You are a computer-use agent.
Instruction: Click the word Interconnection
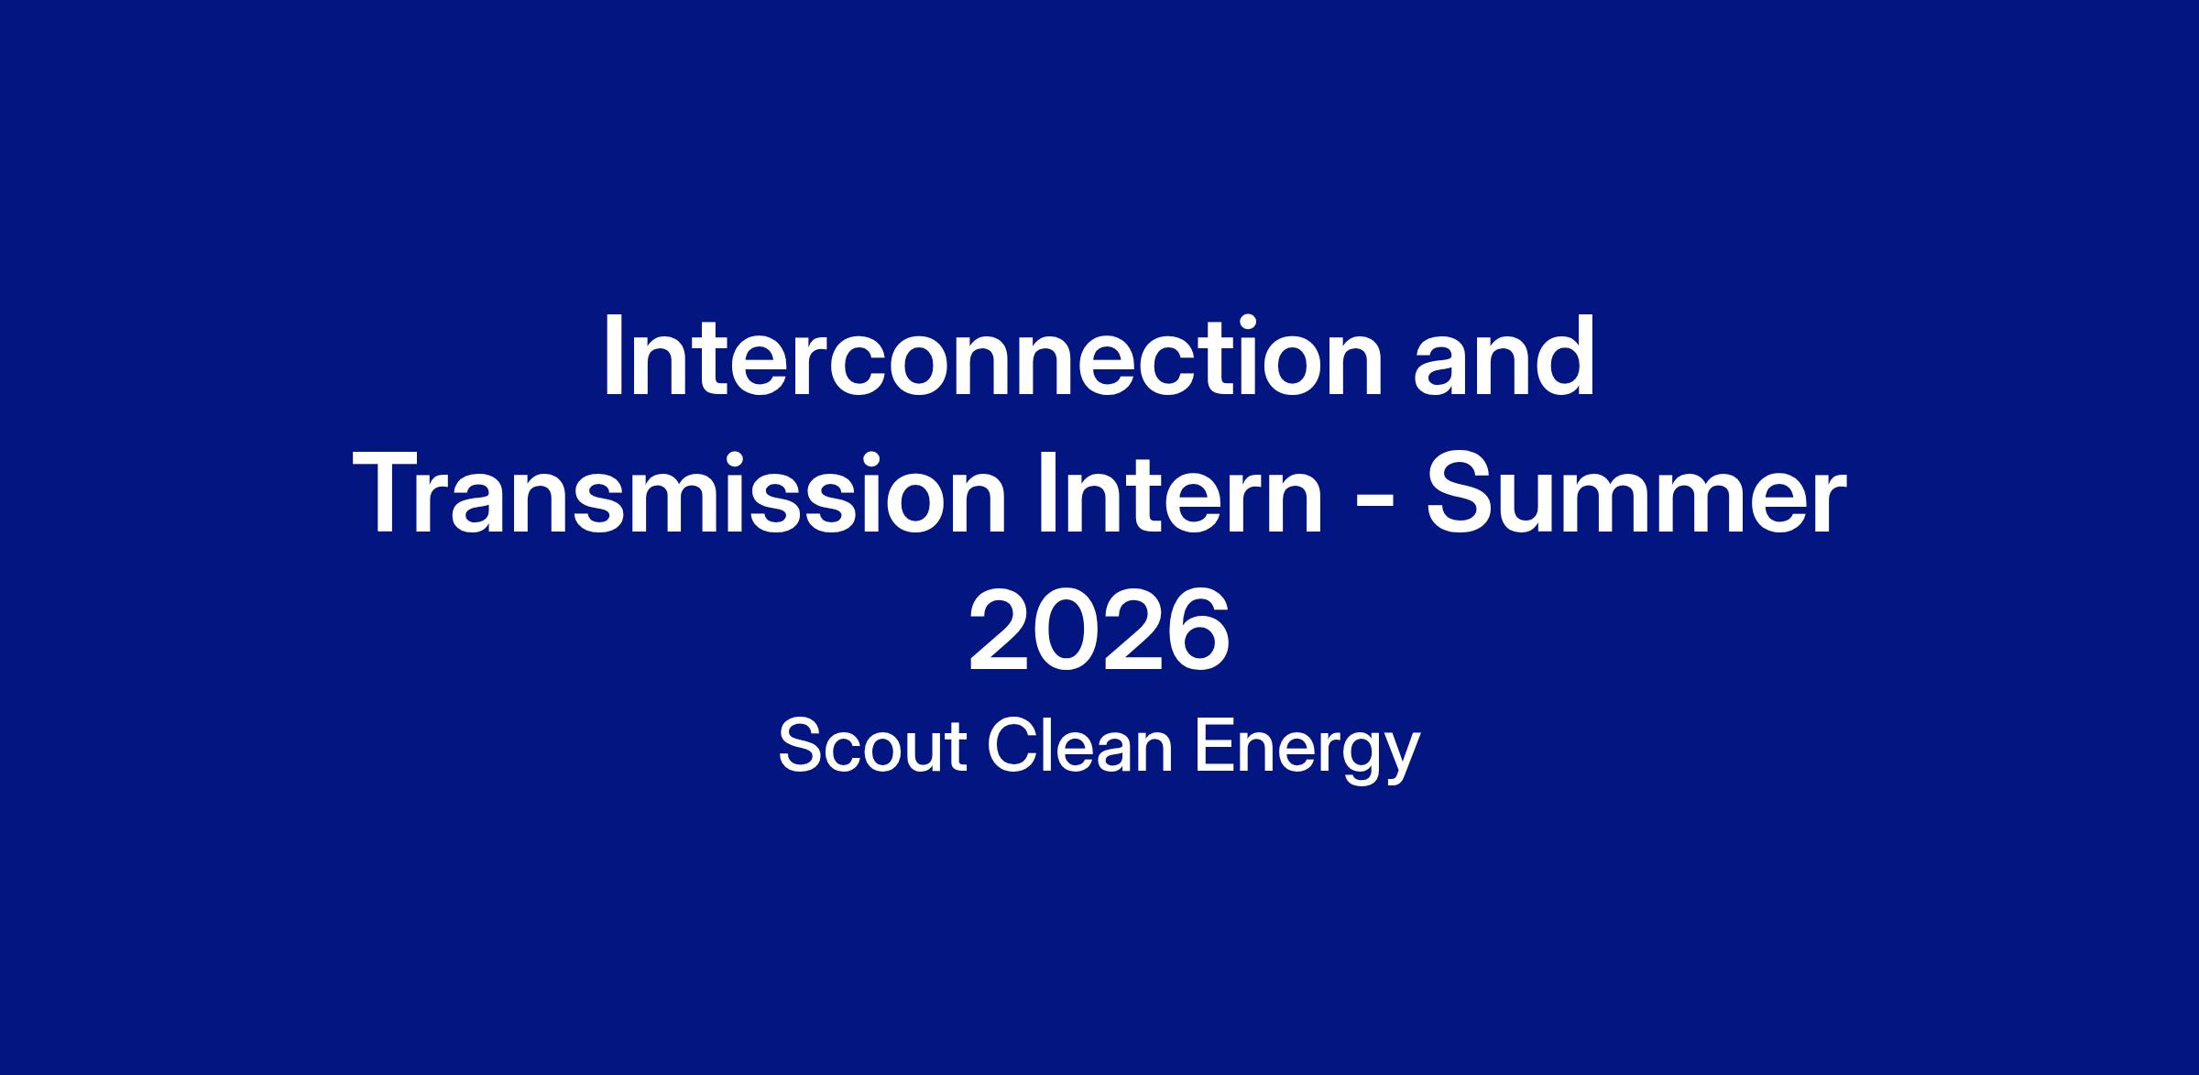992,357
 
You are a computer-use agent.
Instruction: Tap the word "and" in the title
1504,357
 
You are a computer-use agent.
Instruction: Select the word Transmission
680,494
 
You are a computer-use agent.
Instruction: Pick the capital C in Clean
1013,747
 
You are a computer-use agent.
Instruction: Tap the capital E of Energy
1218,747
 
